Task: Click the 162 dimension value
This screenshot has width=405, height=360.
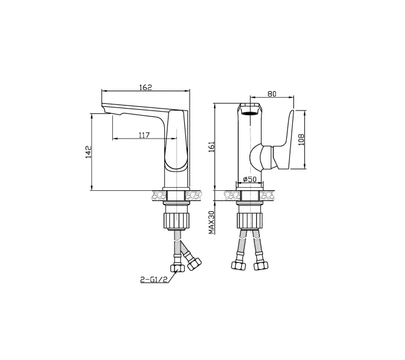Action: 146,87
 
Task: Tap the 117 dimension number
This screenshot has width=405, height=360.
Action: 144,135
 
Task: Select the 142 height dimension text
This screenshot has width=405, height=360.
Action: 89,152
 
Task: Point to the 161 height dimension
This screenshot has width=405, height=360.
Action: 212,146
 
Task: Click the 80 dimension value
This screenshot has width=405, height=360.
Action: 272,94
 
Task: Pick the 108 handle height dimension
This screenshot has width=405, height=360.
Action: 301,139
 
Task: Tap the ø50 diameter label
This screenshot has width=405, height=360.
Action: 250,179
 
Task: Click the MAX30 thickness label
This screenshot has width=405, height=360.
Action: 212,223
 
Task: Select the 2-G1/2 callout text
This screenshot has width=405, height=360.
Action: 154,279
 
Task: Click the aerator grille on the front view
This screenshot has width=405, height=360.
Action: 250,113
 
